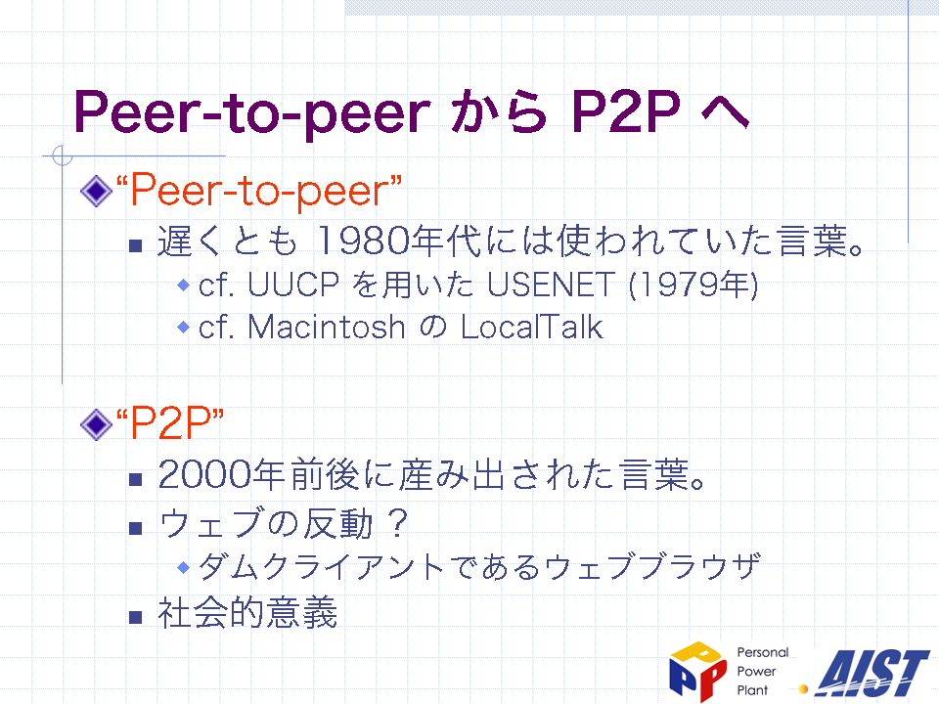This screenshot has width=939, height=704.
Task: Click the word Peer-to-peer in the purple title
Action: click(252, 111)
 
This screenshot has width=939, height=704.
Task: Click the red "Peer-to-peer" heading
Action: click(258, 191)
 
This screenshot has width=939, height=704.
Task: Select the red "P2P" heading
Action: click(170, 422)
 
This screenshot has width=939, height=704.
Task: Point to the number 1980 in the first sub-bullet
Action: click(362, 241)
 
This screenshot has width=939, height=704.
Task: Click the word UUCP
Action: click(293, 284)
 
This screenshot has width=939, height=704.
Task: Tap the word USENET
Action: click(551, 284)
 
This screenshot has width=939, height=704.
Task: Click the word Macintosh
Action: click(327, 327)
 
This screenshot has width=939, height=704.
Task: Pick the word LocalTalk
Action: click(532, 327)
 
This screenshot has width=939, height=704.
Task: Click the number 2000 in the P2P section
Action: click(204, 475)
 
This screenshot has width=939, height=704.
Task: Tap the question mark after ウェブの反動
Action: click(398, 522)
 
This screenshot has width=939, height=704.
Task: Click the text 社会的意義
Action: click(247, 612)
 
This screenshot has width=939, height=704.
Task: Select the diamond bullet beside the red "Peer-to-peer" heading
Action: click(96, 191)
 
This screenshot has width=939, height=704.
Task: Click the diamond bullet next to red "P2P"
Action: click(96, 424)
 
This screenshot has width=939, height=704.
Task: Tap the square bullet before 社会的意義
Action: click(135, 617)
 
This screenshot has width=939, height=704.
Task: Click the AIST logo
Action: click(872, 674)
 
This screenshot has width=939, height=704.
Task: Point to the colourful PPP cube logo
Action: click(697, 671)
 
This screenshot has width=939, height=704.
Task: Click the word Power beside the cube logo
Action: click(756, 671)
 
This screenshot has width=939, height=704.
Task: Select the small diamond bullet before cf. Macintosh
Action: click(184, 328)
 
